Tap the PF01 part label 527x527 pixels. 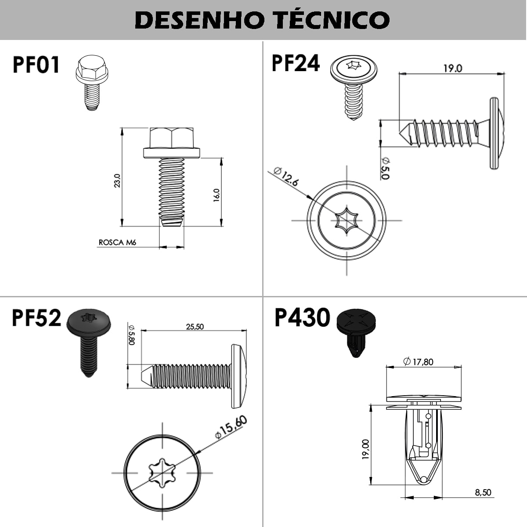pos(36,65)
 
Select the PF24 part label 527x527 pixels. pos(296,63)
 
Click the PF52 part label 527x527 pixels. pos(36,318)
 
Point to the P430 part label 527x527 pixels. pos(302,318)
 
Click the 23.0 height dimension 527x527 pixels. pos(117,180)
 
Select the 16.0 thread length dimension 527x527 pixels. pos(216,195)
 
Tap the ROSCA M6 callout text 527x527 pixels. pos(117,242)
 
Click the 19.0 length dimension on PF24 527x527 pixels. pos(452,69)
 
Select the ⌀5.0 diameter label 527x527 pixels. pos(385,168)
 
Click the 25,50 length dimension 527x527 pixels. pos(195,327)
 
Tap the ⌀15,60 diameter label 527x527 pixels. pos(231,427)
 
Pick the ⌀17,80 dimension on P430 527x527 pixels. pos(418,362)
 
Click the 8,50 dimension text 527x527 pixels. pos(483,492)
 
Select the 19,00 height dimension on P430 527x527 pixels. pos(365,449)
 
